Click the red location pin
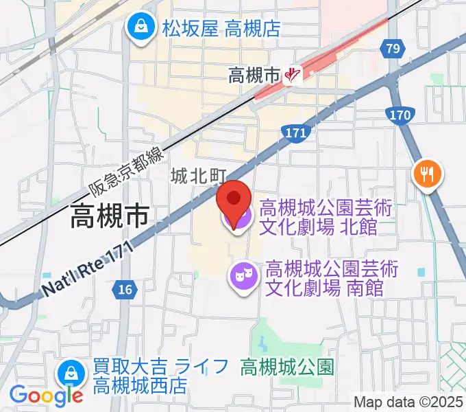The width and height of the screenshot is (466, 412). [x=234, y=201]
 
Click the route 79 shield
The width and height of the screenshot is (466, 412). [x=393, y=49]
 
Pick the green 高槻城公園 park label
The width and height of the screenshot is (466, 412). [x=287, y=367]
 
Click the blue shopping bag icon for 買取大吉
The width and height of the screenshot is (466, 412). [x=71, y=374]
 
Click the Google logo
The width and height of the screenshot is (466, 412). [x=46, y=395]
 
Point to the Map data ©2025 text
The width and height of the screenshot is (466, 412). [x=408, y=402]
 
